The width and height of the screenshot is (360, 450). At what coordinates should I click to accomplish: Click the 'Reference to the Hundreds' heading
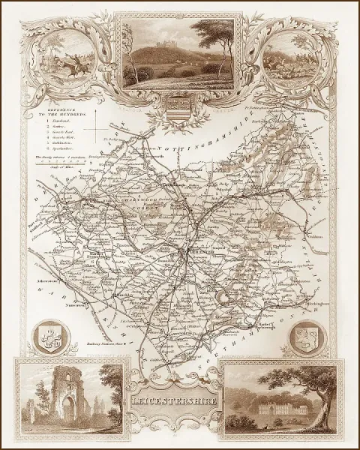click(64, 112)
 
